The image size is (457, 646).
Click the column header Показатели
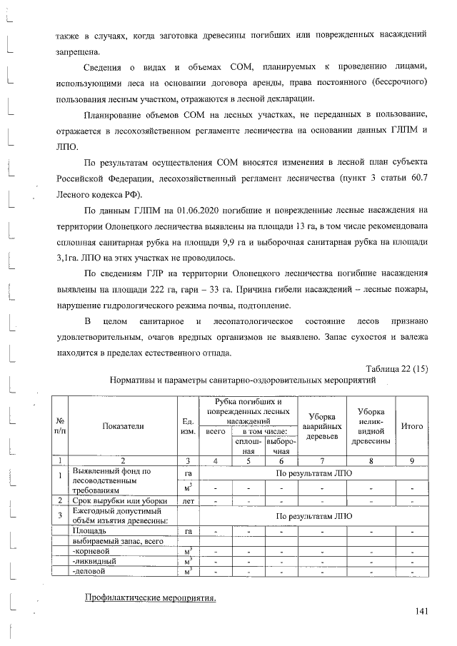pyautogui.click(x=123, y=425)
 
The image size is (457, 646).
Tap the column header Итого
pyautogui.click(x=412, y=425)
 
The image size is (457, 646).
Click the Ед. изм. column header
pyautogui.click(x=189, y=425)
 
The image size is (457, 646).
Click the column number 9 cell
pyautogui.click(x=412, y=461)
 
